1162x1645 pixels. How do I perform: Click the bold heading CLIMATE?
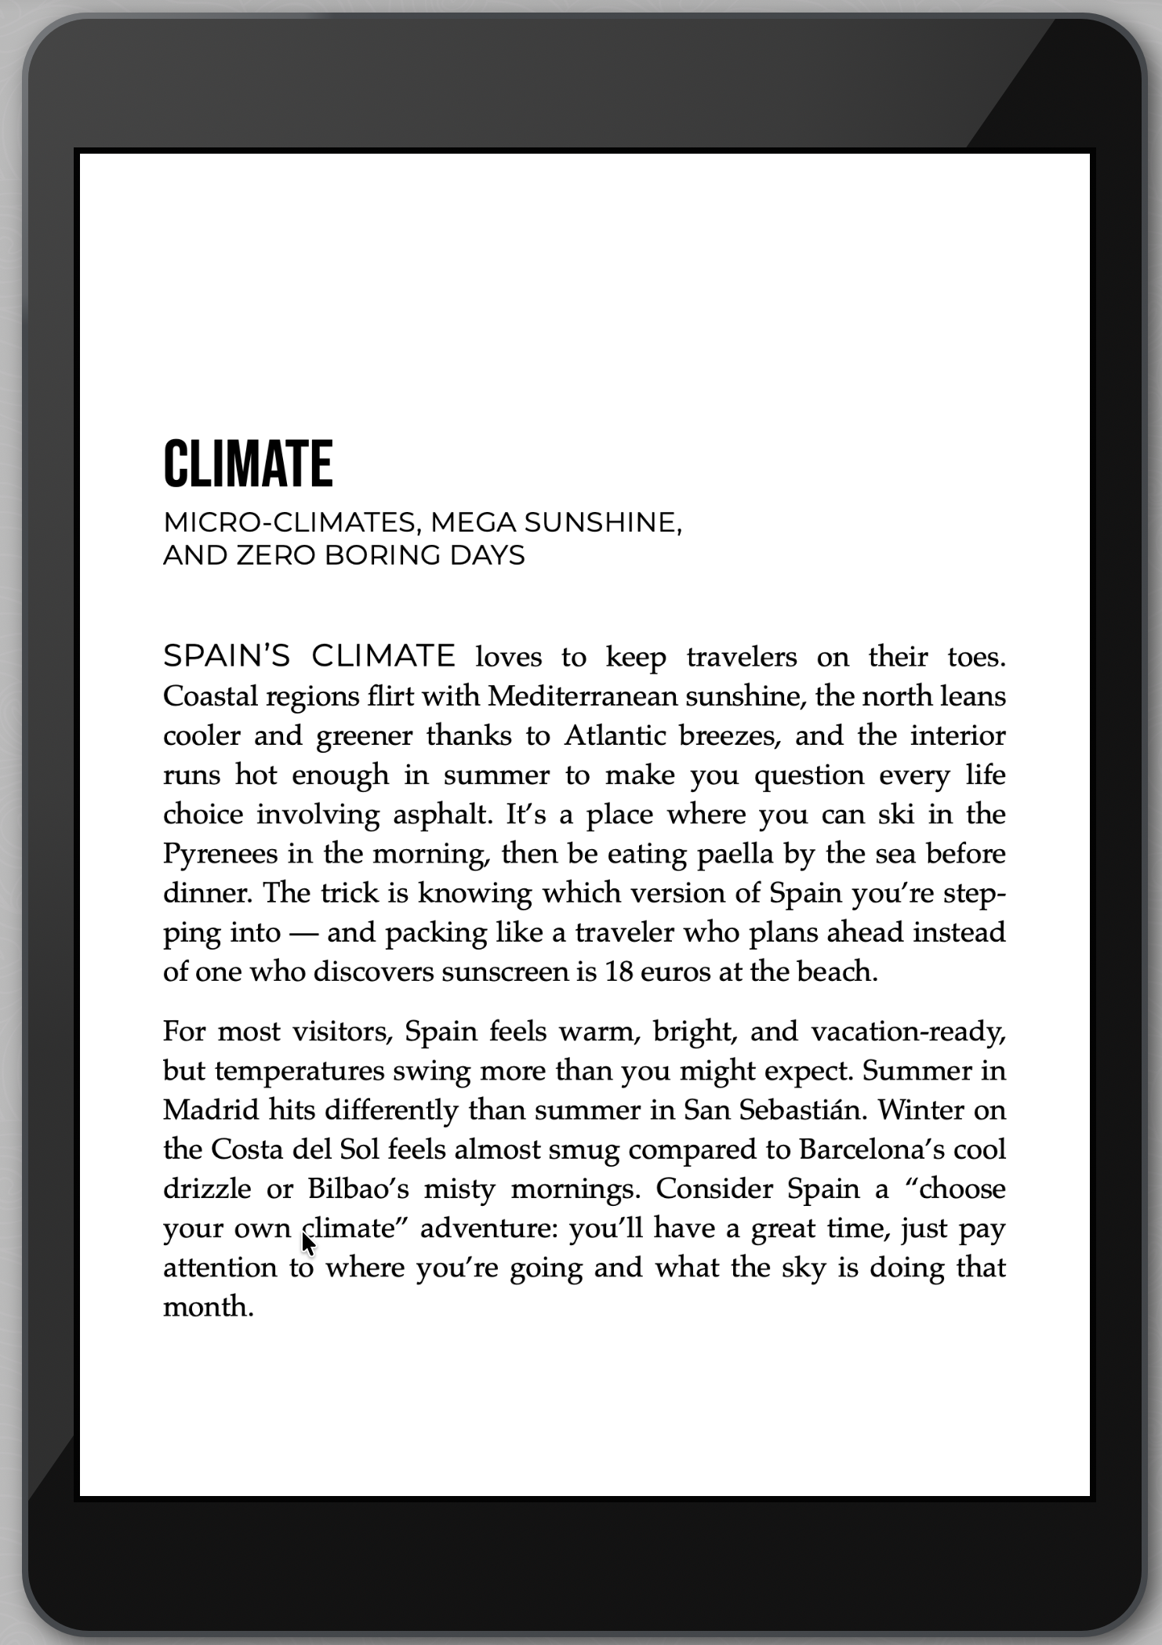click(248, 463)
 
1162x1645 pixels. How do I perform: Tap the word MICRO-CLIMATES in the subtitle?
click(289, 522)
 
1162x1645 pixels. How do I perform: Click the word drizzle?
click(208, 1189)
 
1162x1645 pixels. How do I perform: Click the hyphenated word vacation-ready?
click(908, 1031)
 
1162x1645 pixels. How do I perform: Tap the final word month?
click(208, 1307)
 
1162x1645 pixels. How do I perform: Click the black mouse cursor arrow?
click(307, 1243)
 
